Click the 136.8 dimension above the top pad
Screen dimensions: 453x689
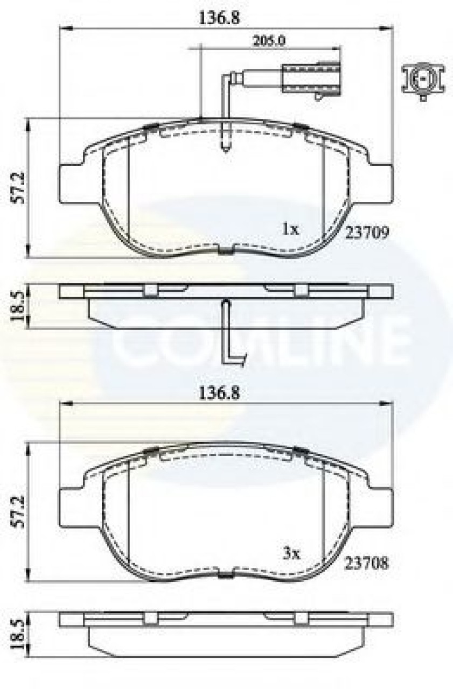pyautogui.click(x=219, y=19)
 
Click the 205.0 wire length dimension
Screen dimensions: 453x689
pyautogui.click(x=269, y=41)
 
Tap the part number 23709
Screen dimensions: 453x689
pyautogui.click(x=367, y=233)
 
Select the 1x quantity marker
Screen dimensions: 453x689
pyautogui.click(x=291, y=229)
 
